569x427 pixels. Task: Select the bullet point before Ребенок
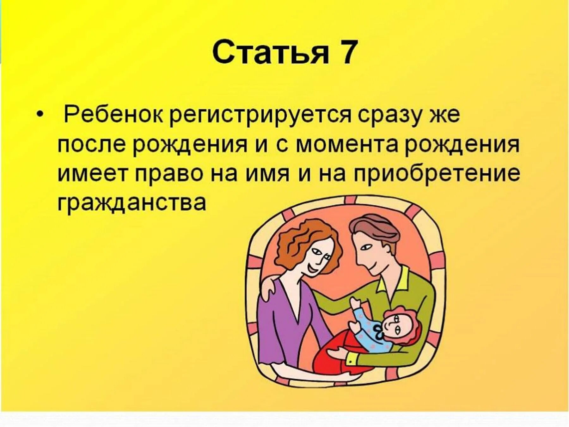(39, 115)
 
